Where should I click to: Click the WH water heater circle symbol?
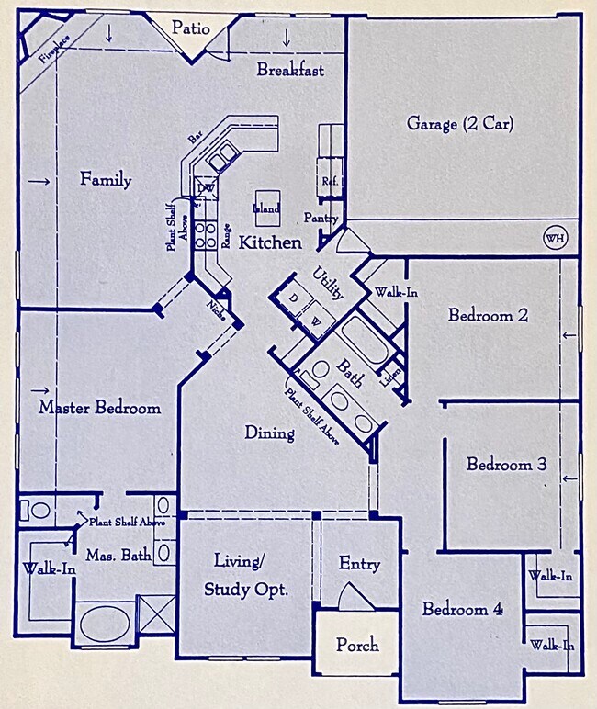(555, 239)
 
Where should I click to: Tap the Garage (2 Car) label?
(459, 124)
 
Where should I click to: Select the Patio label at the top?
(191, 29)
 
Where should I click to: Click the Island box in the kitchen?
(266, 208)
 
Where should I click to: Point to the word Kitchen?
(270, 243)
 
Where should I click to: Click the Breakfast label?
(289, 70)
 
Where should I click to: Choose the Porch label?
(357, 645)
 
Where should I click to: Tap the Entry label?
(359, 564)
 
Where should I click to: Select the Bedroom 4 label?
(463, 609)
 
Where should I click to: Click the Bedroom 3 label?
(506, 465)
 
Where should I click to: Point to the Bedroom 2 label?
(488, 315)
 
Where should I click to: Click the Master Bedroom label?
(99, 407)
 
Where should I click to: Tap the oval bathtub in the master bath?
(103, 626)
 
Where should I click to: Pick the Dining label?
(269, 433)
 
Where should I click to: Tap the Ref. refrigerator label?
(329, 182)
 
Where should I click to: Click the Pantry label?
(322, 219)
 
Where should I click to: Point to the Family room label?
(105, 180)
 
